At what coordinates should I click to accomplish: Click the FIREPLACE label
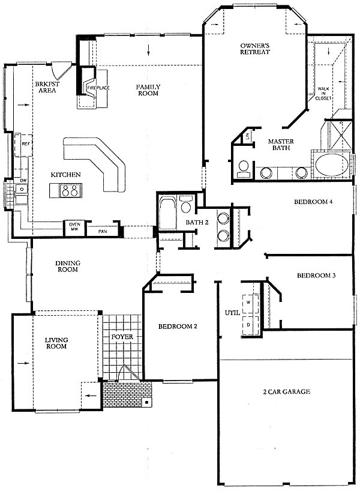[x=98, y=88]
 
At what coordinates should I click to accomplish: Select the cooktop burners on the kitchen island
[x=70, y=190]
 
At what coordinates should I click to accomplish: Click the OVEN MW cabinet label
[x=74, y=227]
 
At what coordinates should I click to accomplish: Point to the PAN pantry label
[x=103, y=232]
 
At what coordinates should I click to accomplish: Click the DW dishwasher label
[x=23, y=181]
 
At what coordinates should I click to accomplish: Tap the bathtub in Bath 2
[x=167, y=212]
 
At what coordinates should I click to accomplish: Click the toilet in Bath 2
[x=186, y=204]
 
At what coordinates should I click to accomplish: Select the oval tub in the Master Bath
[x=332, y=165]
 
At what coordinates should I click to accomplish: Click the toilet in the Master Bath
[x=243, y=167]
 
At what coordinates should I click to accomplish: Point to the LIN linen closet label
[x=247, y=136]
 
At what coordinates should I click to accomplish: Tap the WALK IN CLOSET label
[x=323, y=93]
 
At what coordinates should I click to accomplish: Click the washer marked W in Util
[x=250, y=304]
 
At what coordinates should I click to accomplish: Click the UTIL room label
[x=232, y=313]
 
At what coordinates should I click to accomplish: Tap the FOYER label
[x=122, y=337]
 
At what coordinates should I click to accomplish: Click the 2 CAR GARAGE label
[x=286, y=391]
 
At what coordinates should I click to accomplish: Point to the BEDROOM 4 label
[x=313, y=202]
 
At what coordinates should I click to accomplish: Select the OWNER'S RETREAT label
[x=255, y=49]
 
